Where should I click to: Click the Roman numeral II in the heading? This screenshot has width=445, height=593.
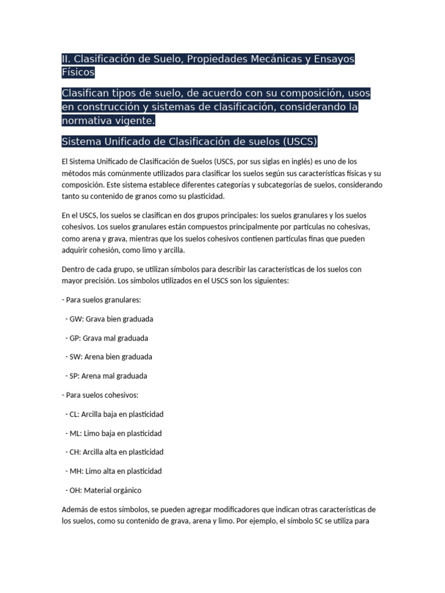tap(65, 59)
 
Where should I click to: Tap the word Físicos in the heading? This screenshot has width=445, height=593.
tap(78, 73)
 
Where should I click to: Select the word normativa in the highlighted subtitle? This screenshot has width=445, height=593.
tap(90, 121)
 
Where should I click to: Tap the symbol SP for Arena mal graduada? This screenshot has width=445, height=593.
tap(73, 376)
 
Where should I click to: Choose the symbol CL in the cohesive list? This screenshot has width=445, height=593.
tap(73, 414)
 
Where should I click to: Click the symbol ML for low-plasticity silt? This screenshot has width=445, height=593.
tap(74, 433)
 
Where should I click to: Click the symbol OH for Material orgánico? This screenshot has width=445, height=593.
tap(74, 490)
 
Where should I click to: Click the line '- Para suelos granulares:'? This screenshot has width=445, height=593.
tap(100, 300)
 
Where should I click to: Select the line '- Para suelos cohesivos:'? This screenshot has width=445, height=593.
tap(100, 395)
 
